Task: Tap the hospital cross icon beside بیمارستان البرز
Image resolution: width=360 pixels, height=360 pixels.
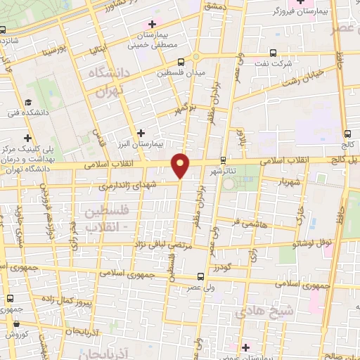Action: point(141,132)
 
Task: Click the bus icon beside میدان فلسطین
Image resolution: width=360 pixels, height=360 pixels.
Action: point(181,61)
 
